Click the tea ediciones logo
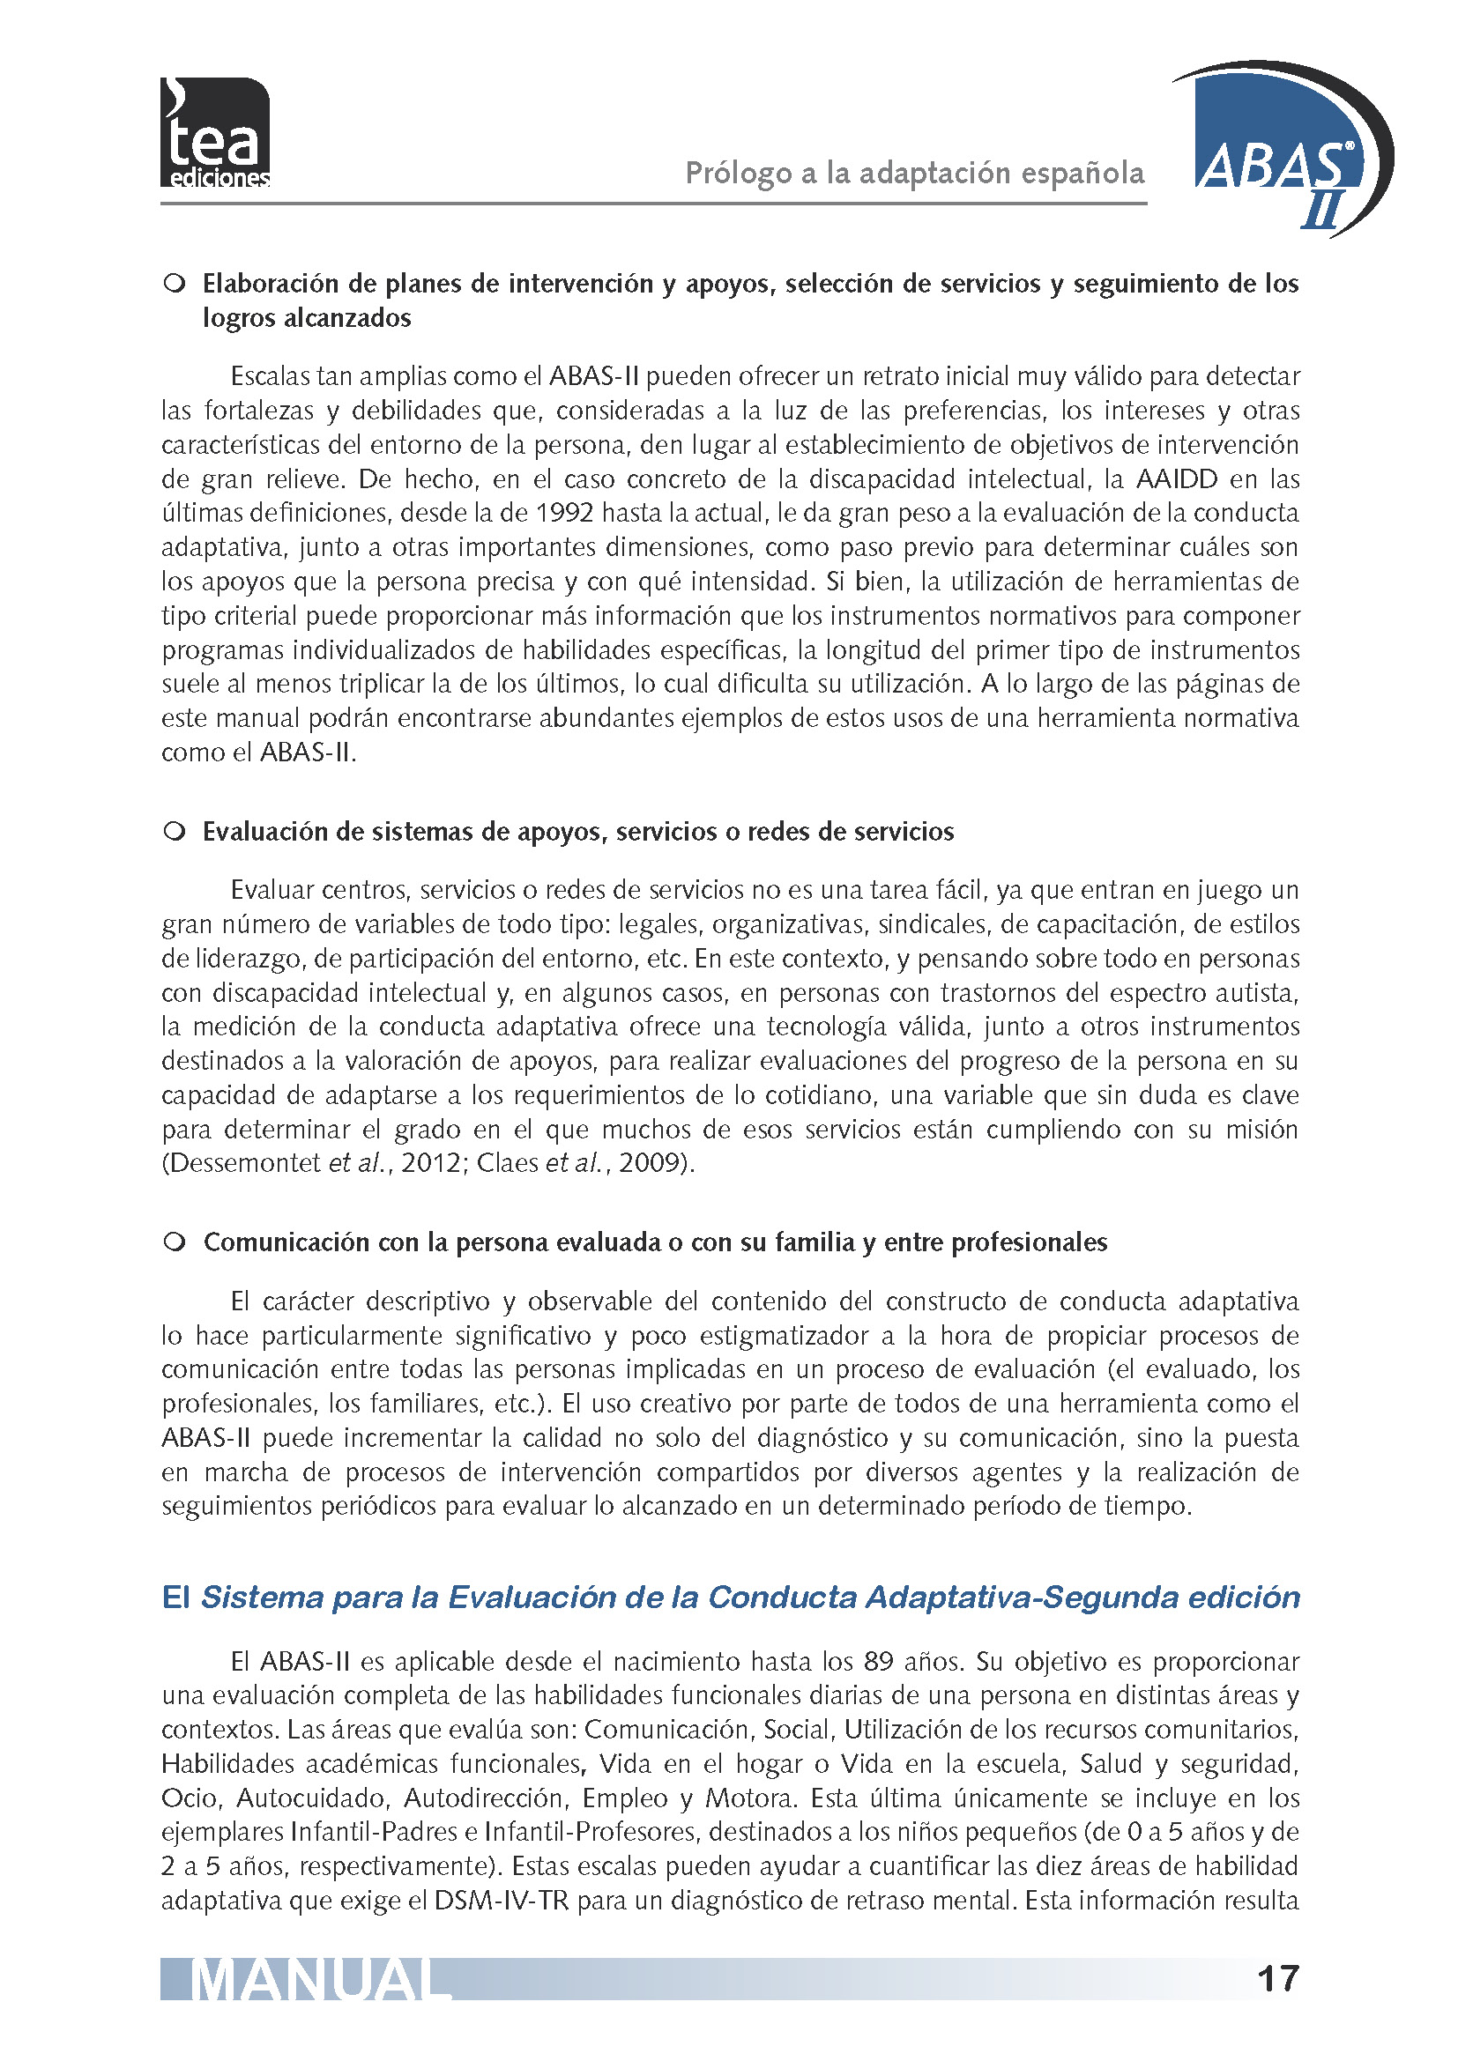coord(214,133)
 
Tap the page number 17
coord(1277,1978)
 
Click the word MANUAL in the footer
coord(320,1981)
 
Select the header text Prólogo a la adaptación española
coord(915,173)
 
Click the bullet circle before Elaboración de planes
coord(175,284)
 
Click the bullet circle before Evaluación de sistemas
coord(175,831)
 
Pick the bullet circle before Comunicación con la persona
coord(175,1242)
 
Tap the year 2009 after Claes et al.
coord(648,1163)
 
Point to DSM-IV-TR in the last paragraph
coord(504,1901)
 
